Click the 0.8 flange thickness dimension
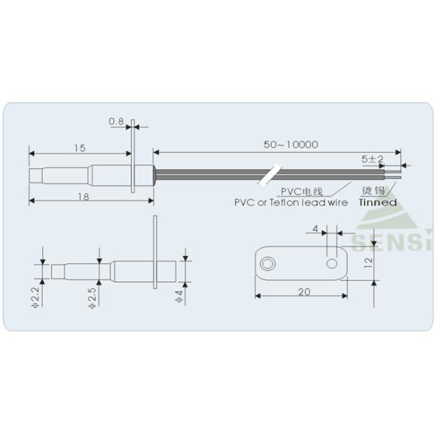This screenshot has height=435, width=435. pos(116,122)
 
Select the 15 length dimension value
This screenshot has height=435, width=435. pos(80,149)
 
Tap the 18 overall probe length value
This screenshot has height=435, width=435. pos(83,196)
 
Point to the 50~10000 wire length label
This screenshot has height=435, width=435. pos(291,144)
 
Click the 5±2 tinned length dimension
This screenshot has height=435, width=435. pos(373,159)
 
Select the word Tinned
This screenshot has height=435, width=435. pos(378,202)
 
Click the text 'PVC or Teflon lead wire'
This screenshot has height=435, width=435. pos(291,202)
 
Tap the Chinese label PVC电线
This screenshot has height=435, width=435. pos(302,191)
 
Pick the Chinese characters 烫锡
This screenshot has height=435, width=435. pos(373,191)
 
